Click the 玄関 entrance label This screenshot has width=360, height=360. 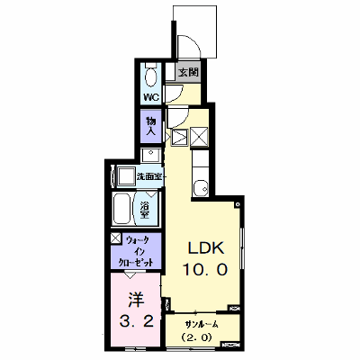click(189, 73)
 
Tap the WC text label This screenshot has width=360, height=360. click(152, 96)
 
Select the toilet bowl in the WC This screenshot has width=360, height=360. click(151, 76)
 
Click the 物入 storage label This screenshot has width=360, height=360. click(151, 126)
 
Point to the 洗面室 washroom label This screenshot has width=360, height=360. click(149, 176)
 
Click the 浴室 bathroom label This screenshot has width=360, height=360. click(146, 210)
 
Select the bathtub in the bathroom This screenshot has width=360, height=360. click(121, 209)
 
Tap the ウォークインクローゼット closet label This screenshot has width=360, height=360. click(137, 252)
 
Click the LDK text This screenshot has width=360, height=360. click(206, 247)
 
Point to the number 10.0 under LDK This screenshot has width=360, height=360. click(206, 270)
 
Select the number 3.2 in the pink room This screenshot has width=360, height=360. click(137, 322)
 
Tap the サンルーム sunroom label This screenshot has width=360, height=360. click(202, 324)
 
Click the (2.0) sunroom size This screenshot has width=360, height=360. click(197, 337)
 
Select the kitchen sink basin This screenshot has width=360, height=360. click(201, 187)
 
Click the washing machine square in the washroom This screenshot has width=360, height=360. click(126, 176)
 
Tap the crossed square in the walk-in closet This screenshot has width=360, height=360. click(115, 238)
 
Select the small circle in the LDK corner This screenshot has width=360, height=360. click(238, 205)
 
